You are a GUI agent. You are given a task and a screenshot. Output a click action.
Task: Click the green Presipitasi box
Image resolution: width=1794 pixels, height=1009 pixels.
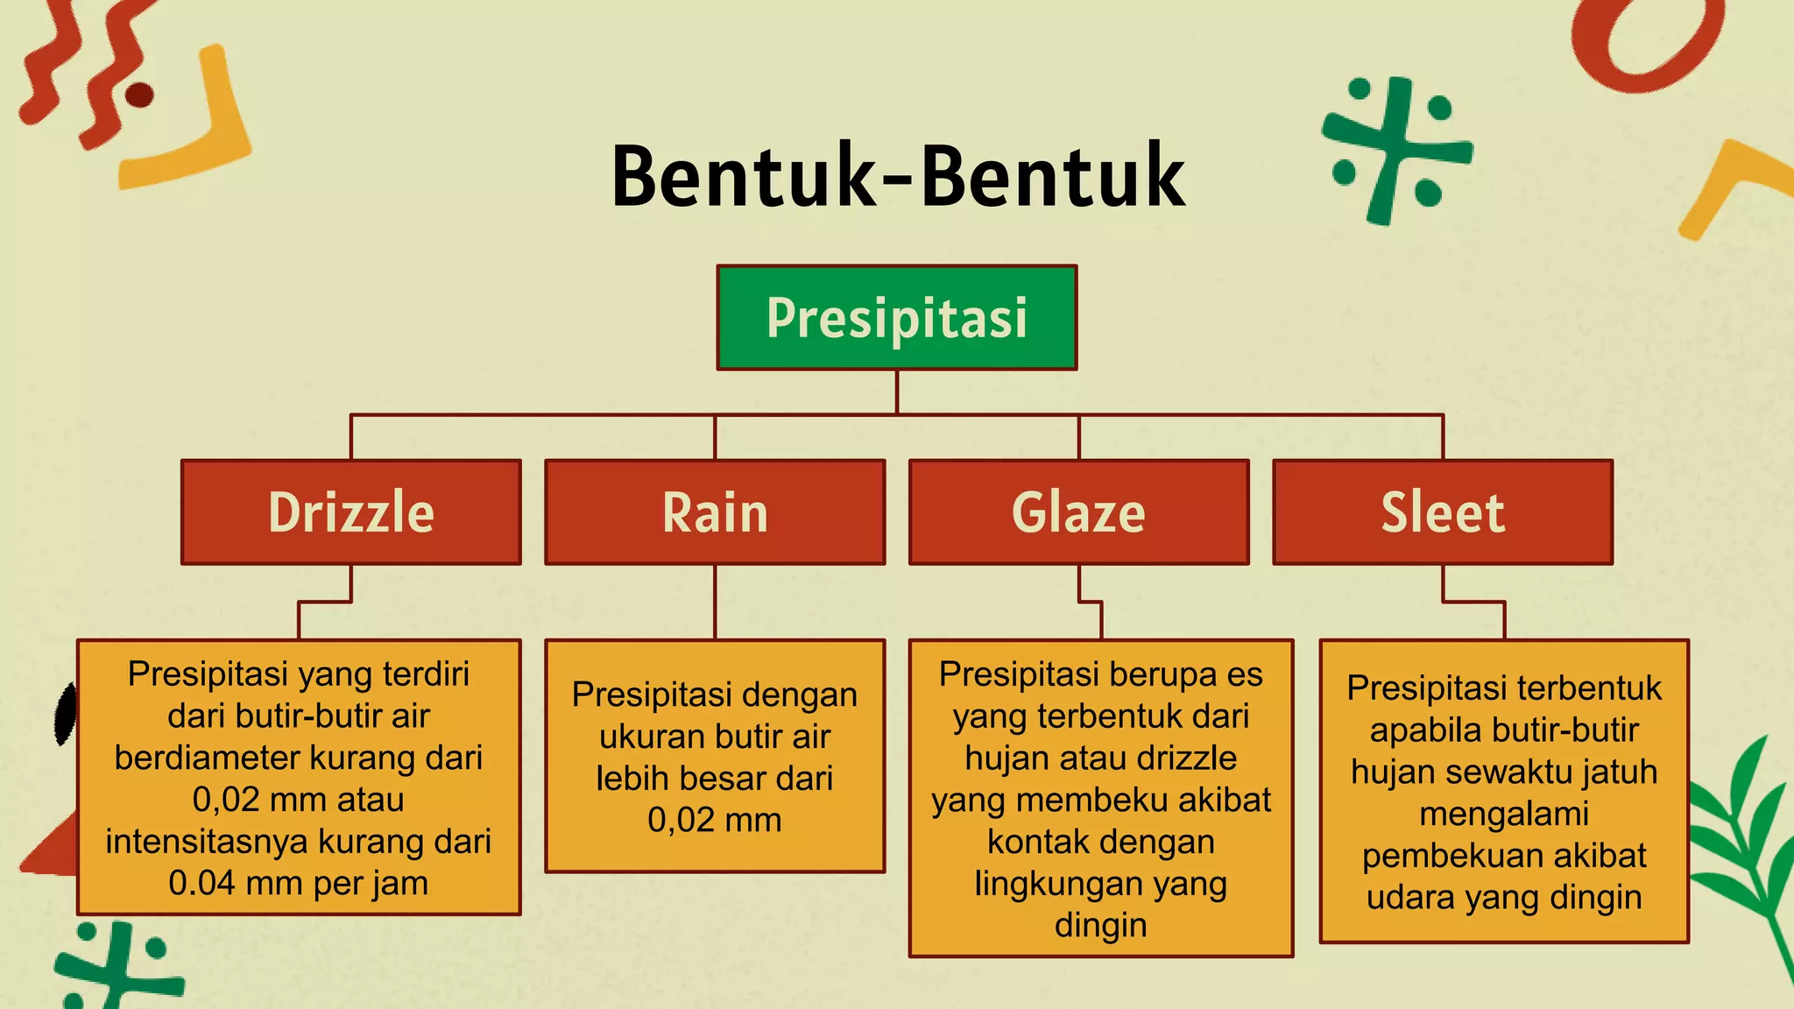pyautogui.click(x=896, y=317)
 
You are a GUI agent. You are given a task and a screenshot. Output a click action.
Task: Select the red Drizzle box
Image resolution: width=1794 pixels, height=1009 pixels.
pyautogui.click(x=350, y=512)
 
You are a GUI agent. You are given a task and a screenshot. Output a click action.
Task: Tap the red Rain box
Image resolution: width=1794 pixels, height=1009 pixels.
pyautogui.click(x=715, y=512)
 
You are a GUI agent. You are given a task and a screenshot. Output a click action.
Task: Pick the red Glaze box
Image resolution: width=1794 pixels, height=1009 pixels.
pyautogui.click(x=1078, y=512)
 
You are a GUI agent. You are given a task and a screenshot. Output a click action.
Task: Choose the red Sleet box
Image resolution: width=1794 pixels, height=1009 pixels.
pyautogui.click(x=1442, y=512)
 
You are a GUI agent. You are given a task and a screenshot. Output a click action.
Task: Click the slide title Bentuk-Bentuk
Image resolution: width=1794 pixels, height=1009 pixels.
pyautogui.click(x=897, y=177)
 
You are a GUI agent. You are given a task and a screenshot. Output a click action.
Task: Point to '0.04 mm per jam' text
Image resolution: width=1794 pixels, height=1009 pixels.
pyautogui.click(x=298, y=883)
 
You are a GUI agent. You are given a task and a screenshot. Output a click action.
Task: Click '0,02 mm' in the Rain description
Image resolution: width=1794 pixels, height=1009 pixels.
pyautogui.click(x=715, y=820)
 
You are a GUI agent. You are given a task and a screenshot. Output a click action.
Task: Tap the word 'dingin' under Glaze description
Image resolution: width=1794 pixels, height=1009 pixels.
pyautogui.click(x=1100, y=925)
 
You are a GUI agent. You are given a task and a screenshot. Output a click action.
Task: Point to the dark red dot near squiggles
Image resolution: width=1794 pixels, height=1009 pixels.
pyautogui.click(x=140, y=95)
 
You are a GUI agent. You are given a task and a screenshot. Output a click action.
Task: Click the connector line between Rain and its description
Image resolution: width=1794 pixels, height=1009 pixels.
pyautogui.click(x=715, y=602)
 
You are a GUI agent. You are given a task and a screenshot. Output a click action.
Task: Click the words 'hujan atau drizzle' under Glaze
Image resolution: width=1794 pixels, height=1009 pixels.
pyautogui.click(x=1100, y=758)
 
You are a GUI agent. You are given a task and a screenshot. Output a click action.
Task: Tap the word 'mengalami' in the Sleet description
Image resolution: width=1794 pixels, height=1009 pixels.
pyautogui.click(x=1503, y=814)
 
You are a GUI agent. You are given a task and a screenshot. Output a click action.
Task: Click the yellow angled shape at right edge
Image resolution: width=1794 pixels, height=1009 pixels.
pyautogui.click(x=1730, y=184)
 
